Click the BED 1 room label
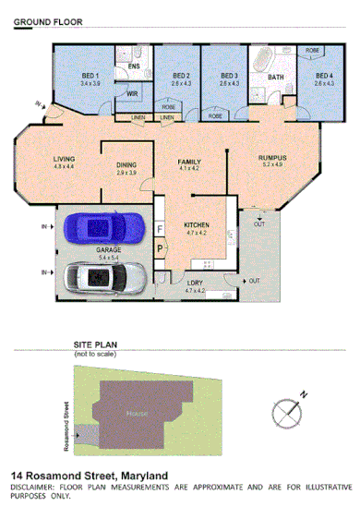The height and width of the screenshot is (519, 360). pos(90,76)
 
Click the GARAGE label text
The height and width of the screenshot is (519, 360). pos(110,249)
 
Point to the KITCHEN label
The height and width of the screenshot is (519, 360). pos(198,225)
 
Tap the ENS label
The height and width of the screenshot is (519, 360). pos(133,66)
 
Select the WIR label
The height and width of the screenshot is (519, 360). pos(132,93)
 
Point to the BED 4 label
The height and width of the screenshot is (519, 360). pos(322,76)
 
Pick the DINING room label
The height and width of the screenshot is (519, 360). pos(126,165)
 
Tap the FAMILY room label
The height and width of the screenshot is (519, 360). pos(189,162)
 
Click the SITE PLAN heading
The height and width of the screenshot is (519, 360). pos(96,345)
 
